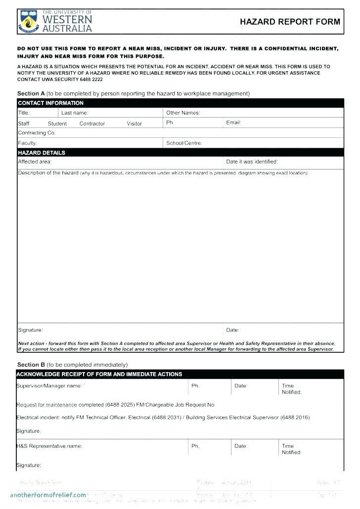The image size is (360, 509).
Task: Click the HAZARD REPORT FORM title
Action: [290, 22]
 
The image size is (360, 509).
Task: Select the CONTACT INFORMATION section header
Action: [50, 103]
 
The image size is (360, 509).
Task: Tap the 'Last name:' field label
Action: [75, 113]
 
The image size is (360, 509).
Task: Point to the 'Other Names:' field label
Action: [183, 113]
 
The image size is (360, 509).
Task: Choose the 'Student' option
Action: [57, 124]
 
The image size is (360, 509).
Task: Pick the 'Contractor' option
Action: [92, 124]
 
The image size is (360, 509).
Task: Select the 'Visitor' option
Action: [134, 124]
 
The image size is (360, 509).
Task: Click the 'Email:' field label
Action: [233, 123]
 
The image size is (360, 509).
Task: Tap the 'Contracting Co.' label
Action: [37, 133]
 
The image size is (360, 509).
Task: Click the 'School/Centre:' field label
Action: [184, 143]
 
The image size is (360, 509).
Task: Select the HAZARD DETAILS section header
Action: [42, 153]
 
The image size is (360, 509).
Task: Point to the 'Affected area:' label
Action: [35, 162]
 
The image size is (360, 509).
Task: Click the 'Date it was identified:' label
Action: [252, 162]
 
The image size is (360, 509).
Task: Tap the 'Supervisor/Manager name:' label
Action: [50, 385]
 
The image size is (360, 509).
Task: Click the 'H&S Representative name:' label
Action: [49, 446]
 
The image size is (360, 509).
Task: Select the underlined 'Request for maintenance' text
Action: [47, 405]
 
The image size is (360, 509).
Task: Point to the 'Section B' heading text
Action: [31, 365]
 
